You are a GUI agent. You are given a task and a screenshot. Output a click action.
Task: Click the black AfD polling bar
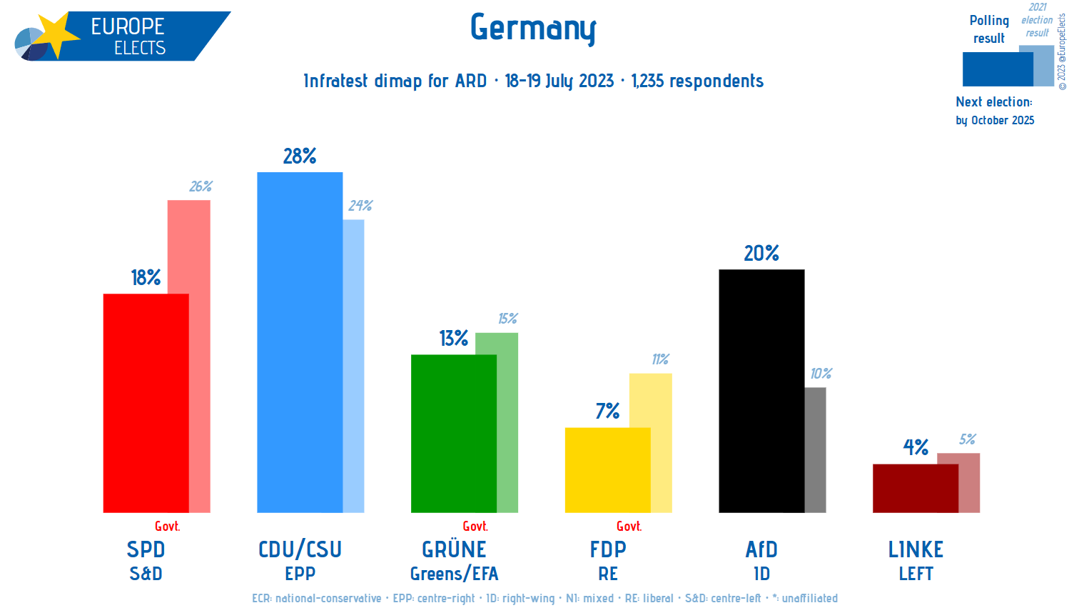pyautogui.click(x=761, y=391)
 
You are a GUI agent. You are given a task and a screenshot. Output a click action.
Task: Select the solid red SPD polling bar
pyautogui.click(x=146, y=403)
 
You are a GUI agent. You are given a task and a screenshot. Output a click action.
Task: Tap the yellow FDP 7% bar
pyautogui.click(x=607, y=469)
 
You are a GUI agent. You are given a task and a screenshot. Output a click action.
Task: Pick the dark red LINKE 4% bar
pyautogui.click(x=915, y=488)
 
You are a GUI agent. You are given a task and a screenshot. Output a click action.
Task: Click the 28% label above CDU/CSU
pyautogui.click(x=300, y=156)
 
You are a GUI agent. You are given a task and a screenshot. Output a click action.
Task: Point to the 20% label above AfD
pyautogui.click(x=761, y=254)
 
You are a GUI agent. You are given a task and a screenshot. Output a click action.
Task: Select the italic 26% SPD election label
pyautogui.click(x=201, y=186)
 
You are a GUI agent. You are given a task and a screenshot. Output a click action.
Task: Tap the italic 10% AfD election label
pyautogui.click(x=821, y=374)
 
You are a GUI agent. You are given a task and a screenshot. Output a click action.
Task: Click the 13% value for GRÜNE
pyautogui.click(x=454, y=338)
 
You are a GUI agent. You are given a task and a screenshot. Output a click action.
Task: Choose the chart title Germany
pyautogui.click(x=533, y=29)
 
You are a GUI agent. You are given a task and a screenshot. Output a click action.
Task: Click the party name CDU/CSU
pyautogui.click(x=300, y=549)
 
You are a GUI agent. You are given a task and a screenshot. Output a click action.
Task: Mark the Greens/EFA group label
pyautogui.click(x=454, y=574)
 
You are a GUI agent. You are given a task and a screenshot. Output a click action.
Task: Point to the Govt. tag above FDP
pyautogui.click(x=629, y=527)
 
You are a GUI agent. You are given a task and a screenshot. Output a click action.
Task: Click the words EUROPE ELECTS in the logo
pyautogui.click(x=128, y=36)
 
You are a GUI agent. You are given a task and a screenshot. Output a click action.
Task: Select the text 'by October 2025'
pyautogui.click(x=995, y=120)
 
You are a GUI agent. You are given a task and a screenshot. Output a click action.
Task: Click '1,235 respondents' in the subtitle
pyautogui.click(x=697, y=81)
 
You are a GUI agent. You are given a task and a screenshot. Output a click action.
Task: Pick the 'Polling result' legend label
pyautogui.click(x=989, y=29)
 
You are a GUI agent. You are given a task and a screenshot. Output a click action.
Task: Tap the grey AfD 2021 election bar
pyautogui.click(x=816, y=449)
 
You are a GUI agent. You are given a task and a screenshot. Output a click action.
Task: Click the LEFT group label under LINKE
pyautogui.click(x=916, y=574)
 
